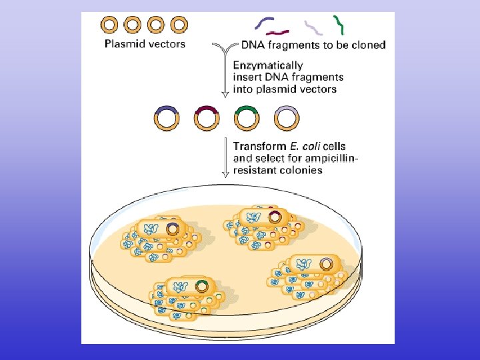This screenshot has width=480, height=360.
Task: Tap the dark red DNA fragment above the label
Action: point(278,31)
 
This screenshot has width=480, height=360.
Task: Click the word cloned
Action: point(367,45)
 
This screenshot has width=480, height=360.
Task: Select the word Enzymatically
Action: point(267,65)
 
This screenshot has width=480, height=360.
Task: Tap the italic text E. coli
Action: point(303,146)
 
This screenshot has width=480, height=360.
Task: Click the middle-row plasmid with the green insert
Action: point(247,119)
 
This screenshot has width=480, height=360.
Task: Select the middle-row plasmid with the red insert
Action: point(207,119)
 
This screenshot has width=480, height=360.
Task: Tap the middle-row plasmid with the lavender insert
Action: point(287,119)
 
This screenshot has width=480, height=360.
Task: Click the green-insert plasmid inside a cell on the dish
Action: point(203,287)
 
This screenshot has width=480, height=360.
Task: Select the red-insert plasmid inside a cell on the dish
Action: point(274,217)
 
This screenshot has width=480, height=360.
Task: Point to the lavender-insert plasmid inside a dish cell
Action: point(326,264)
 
